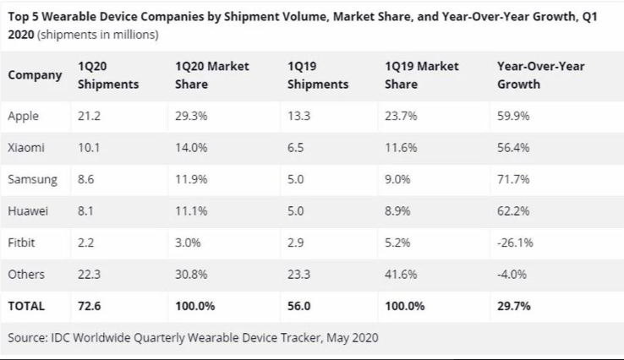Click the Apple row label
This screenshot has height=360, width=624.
[x=23, y=116]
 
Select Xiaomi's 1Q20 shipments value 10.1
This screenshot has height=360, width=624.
[x=88, y=147]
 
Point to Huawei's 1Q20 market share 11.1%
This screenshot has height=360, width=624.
[x=191, y=211]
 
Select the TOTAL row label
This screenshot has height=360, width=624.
[x=26, y=306]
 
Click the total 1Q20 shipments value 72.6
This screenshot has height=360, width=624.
[x=89, y=306]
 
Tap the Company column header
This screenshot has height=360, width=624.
[x=35, y=75]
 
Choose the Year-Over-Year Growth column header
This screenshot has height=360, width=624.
[x=541, y=75]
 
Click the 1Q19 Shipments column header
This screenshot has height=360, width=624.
[x=317, y=75]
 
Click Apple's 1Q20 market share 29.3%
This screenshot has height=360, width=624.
[x=192, y=116]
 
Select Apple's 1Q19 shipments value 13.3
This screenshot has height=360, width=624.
[x=298, y=116]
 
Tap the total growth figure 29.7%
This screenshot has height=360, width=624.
[x=515, y=306]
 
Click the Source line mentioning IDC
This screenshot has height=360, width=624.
[x=193, y=338]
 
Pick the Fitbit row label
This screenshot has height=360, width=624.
[x=23, y=243]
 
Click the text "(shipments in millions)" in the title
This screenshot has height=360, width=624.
[x=98, y=35]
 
